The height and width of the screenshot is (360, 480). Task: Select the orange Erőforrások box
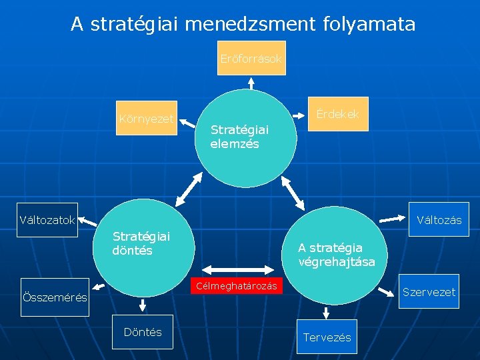[251, 58]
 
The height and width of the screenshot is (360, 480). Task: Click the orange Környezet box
[146, 119]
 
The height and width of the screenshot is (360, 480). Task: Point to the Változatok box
[47, 219]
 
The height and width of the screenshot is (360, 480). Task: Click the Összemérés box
[55, 297]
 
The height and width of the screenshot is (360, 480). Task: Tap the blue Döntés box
[143, 332]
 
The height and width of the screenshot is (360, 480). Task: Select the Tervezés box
[327, 337]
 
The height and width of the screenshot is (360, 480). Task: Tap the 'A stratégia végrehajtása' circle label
[337, 255]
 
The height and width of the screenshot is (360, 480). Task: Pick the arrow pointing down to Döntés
[143, 305]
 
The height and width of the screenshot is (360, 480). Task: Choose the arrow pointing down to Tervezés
[326, 313]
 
